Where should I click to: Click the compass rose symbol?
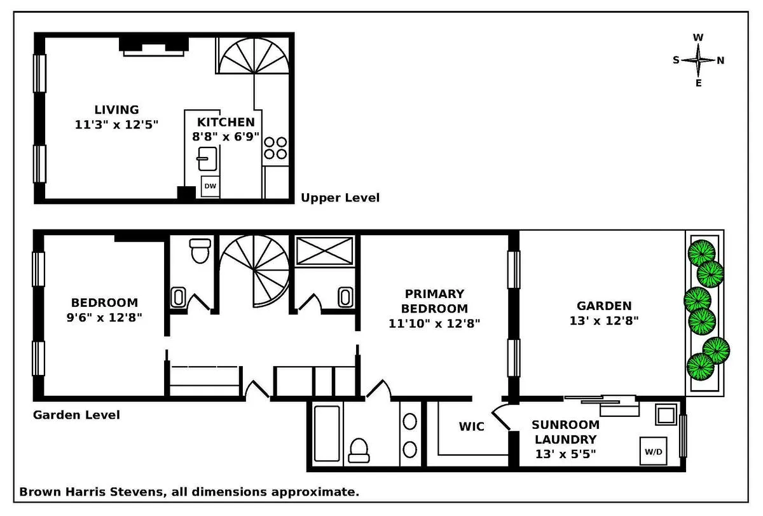(698, 60)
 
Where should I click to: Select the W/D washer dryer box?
(654, 452)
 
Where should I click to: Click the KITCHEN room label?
(226, 122)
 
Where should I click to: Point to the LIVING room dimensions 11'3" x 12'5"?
(116, 125)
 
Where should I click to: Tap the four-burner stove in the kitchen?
(275, 148)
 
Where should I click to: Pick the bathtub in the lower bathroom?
(327, 432)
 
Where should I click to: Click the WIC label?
(471, 426)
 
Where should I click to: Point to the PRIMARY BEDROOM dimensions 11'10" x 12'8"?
(434, 323)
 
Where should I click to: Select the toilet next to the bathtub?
(361, 448)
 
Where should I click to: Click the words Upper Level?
(340, 198)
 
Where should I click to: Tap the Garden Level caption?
(76, 415)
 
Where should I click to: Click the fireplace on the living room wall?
(154, 46)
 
